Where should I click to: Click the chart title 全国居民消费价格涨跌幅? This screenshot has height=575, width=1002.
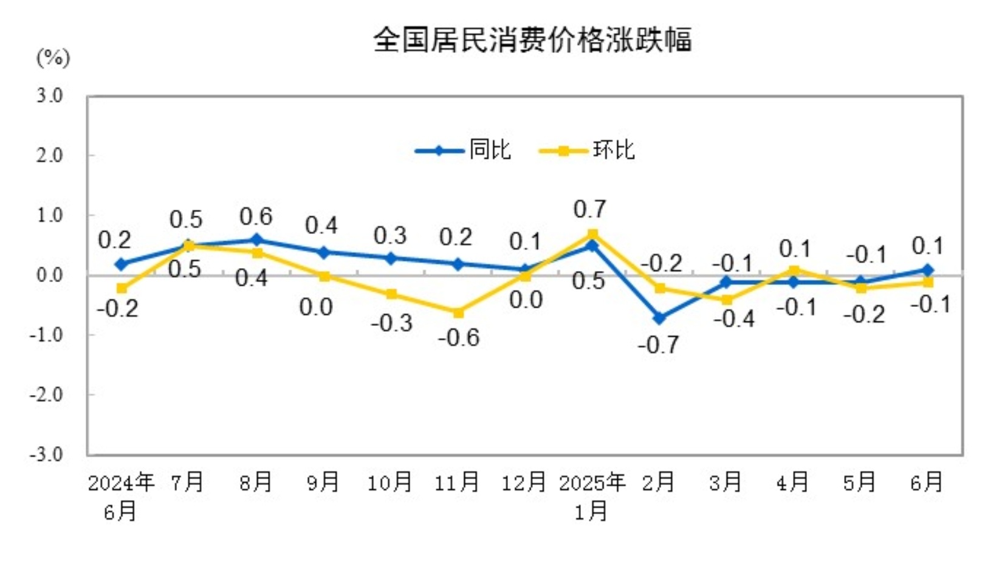(x=532, y=40)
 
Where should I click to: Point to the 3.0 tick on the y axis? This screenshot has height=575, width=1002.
(x=50, y=95)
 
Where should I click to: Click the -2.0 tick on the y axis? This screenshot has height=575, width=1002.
(x=47, y=395)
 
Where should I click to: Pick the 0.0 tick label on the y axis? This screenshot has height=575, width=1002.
(x=50, y=275)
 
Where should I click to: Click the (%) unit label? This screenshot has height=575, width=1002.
(x=53, y=58)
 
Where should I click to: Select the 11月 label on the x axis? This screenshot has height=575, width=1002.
(x=457, y=483)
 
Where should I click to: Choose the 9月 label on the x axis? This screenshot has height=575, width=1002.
(x=323, y=483)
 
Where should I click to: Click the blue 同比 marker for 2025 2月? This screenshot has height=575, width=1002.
(x=659, y=318)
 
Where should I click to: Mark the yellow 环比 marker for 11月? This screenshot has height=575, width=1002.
(x=458, y=312)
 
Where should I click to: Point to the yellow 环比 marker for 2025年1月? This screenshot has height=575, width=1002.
(x=592, y=234)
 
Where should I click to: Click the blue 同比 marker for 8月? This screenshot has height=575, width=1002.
(x=256, y=239)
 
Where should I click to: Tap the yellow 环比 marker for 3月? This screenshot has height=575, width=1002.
(x=727, y=300)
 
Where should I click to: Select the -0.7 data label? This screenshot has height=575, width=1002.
(x=658, y=345)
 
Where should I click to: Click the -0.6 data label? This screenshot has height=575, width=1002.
(x=459, y=337)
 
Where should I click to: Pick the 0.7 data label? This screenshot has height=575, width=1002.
(x=589, y=210)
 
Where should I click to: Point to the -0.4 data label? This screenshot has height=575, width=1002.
(x=733, y=319)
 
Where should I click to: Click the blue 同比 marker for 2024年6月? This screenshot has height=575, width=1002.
(x=122, y=264)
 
